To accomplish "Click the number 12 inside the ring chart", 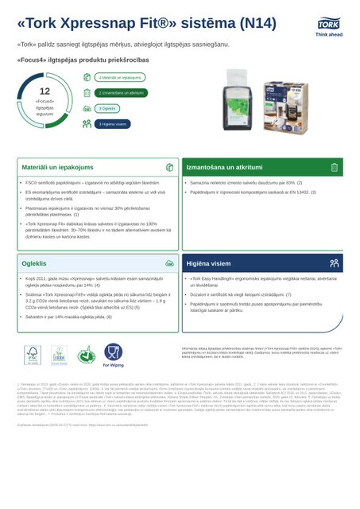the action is (45, 92).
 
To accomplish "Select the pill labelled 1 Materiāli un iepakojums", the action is (121, 78).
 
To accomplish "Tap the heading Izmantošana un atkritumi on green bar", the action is (225, 168).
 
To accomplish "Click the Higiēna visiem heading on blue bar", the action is (210, 262).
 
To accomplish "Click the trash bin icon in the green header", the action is (335, 168).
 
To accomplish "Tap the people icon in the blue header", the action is (335, 262).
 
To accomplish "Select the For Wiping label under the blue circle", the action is (113, 366).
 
